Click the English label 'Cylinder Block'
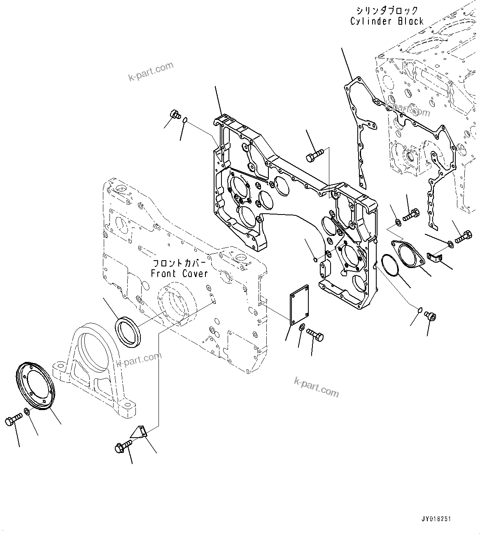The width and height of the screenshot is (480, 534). (x=387, y=21)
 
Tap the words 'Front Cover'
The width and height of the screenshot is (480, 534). (x=179, y=273)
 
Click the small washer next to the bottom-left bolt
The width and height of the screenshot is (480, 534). (x=27, y=412)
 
